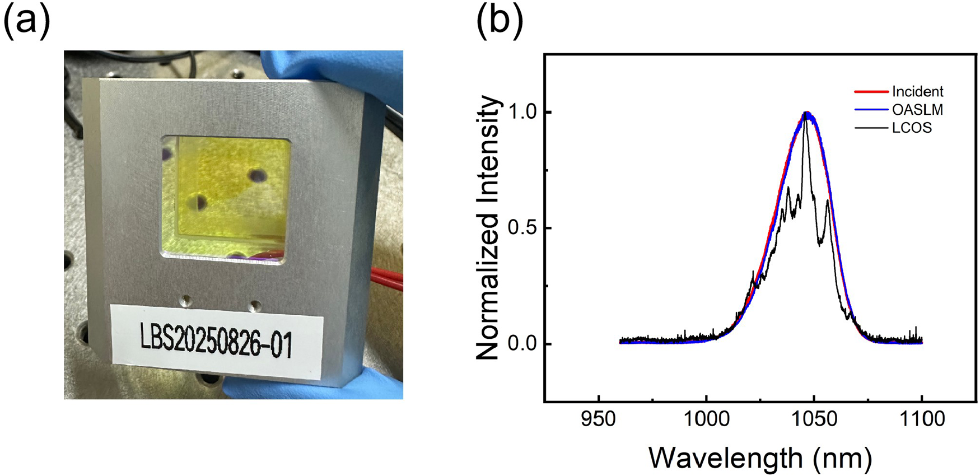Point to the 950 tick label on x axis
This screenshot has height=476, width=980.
click(599, 418)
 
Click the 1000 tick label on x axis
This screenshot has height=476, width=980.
click(706, 418)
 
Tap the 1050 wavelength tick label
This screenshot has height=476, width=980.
click(814, 418)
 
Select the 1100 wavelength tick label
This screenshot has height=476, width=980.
click(921, 418)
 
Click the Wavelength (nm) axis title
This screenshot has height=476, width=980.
click(760, 458)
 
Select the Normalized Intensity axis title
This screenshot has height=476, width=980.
click(487, 228)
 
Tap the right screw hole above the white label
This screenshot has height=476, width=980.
click(255, 305)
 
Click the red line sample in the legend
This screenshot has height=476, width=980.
click(871, 92)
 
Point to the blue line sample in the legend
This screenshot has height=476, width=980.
click(871, 110)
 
